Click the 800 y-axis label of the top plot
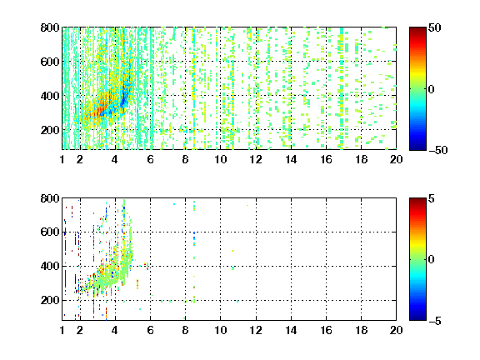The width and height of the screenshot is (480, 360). coord(50,27)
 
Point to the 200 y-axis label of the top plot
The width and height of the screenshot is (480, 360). coord(50,130)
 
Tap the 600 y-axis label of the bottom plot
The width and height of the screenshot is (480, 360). coord(50,232)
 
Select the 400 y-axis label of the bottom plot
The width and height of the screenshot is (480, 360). coord(50,266)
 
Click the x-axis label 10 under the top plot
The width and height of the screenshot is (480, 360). coord(220,159)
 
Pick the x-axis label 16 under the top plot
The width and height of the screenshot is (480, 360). coord(326,159)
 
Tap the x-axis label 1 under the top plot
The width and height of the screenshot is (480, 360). coord(62,159)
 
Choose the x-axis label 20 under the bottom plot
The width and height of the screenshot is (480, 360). coord(396,330)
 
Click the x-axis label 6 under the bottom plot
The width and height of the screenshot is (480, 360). coord(150,330)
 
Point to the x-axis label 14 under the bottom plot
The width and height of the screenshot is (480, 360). coord(291,330)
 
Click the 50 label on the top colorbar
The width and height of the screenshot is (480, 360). coord(435,27)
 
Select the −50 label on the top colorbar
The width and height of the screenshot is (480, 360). coord(437,150)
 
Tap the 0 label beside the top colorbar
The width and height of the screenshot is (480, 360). coord(431,89)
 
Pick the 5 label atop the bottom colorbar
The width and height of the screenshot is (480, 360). coord(432,198)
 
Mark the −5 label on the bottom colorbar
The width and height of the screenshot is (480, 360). coord(435,321)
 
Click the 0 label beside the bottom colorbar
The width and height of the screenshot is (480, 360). coord(431,260)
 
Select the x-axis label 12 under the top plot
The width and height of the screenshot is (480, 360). coord(256,159)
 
